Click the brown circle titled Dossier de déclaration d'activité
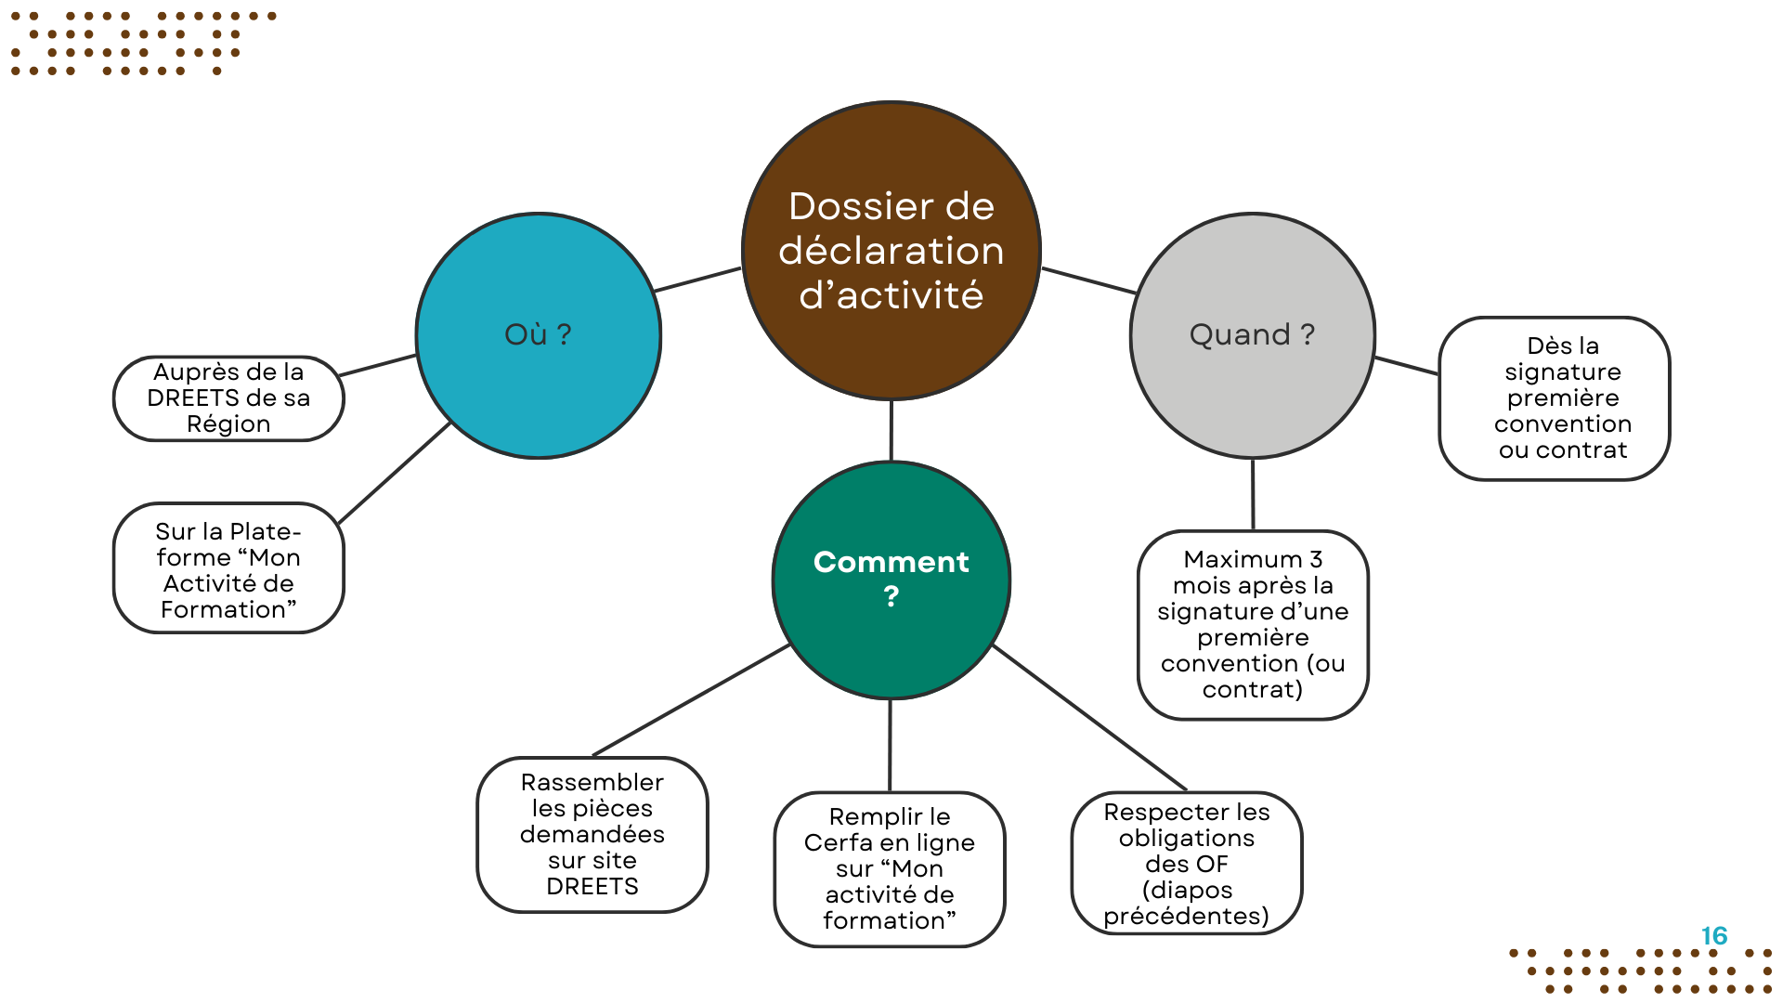pyautogui.click(x=891, y=251)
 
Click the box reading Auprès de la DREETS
pyautogui.click(x=228, y=398)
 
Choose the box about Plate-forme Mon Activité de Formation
pyautogui.click(x=228, y=568)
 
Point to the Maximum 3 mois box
pyautogui.click(x=1253, y=624)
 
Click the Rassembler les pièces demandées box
pyautogui.click(x=592, y=834)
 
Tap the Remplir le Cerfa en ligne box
pyautogui.click(x=890, y=868)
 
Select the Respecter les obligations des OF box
pyautogui.click(x=1186, y=864)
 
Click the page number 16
pyautogui.click(x=1713, y=936)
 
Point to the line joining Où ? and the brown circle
pyautogui.click(x=698, y=280)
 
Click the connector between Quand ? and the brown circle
pyautogui.click(x=1088, y=280)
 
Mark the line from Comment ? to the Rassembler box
pyautogui.click(x=692, y=699)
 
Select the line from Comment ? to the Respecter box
pyautogui.click(x=1089, y=717)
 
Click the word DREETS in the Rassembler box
pyautogui.click(x=592, y=887)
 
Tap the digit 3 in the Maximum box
pyautogui.click(x=1316, y=559)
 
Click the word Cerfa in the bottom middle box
pyautogui.click(x=839, y=842)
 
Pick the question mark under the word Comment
pyautogui.click(x=891, y=596)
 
